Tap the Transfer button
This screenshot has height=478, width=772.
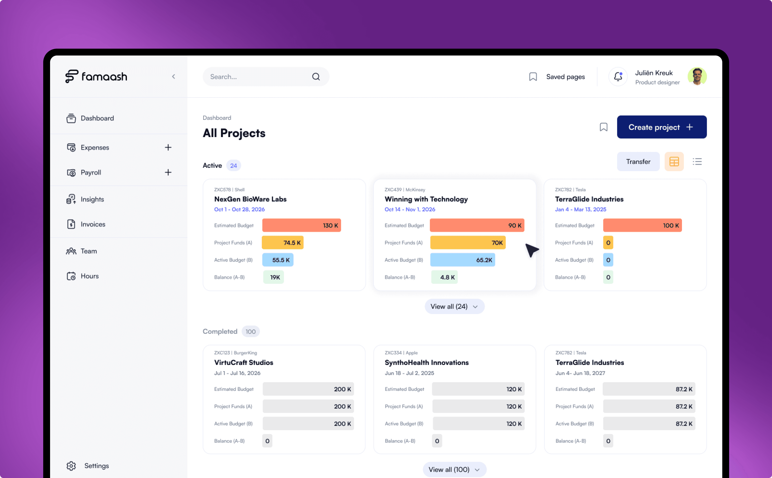tap(638, 162)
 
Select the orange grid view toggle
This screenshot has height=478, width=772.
tap(674, 162)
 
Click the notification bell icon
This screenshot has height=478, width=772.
tap(618, 77)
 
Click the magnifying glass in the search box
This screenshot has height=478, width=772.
tap(316, 77)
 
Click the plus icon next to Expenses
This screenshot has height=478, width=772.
tap(168, 147)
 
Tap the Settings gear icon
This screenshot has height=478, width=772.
tap(71, 466)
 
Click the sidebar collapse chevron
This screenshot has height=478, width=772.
tap(173, 77)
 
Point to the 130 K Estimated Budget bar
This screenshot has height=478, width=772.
tap(301, 225)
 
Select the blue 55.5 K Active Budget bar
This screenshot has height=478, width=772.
tap(278, 260)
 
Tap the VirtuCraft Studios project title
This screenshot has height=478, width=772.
tap(244, 362)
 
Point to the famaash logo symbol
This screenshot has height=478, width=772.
tap(72, 76)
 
